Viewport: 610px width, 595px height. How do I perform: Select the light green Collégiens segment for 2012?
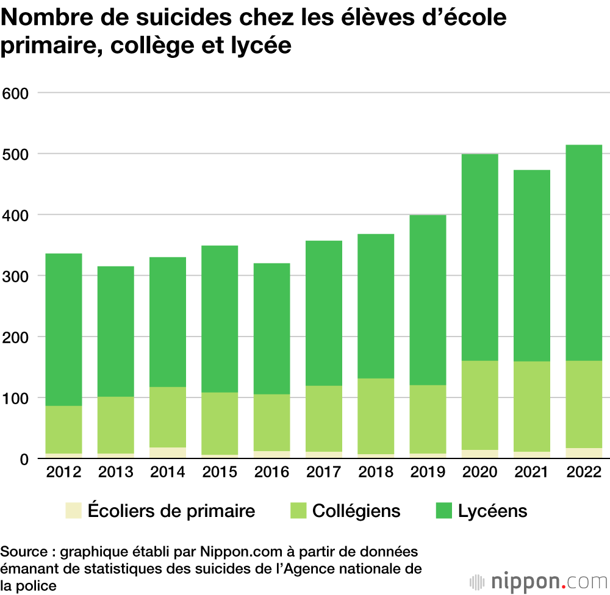63,430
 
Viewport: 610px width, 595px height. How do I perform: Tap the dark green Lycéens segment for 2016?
271,329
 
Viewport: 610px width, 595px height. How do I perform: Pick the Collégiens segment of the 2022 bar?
584,404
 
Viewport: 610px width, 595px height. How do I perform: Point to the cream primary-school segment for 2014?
168,453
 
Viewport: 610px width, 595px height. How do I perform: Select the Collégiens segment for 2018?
376,416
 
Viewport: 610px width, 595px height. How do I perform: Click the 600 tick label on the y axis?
16,93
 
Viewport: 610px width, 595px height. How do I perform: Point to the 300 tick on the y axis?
16,276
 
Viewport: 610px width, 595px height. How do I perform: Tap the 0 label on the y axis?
24,459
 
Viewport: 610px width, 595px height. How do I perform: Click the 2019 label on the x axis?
428,472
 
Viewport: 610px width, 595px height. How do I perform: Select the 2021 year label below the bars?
532,472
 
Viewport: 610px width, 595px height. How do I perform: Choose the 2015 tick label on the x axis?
220,472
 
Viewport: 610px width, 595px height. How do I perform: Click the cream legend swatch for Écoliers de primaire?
73,510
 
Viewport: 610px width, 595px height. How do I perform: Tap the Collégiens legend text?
356,510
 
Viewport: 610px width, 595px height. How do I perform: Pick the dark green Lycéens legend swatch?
444,510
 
